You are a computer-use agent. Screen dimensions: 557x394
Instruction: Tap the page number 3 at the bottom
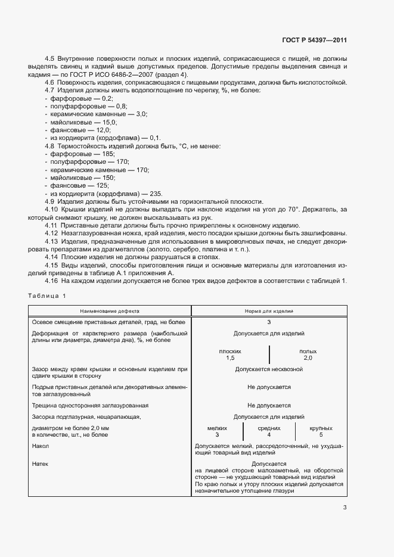[345, 508]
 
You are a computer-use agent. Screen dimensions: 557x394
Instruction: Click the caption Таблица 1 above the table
[47, 295]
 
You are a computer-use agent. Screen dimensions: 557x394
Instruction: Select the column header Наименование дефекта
[109, 311]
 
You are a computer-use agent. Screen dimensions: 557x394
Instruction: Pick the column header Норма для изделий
[269, 311]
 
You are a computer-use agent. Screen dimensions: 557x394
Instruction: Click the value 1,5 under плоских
[230, 358]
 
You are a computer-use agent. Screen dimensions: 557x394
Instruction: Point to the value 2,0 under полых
[308, 358]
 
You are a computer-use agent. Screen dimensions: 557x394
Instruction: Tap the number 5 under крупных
[321, 435]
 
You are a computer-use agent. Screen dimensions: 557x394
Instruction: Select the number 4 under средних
[269, 435]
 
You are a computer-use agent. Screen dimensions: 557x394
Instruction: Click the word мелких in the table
[217, 428]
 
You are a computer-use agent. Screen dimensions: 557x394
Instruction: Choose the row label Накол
[40, 446]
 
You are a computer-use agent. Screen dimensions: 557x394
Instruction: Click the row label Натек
[40, 463]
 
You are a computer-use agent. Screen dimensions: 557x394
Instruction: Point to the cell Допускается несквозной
[269, 369]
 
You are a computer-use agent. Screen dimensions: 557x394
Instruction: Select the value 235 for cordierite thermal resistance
[156, 194]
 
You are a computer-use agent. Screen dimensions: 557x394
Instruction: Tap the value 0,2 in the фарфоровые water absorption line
[107, 97]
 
